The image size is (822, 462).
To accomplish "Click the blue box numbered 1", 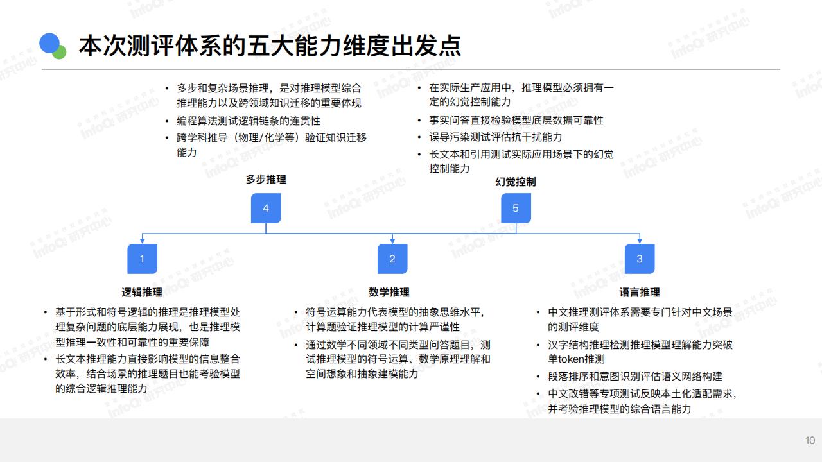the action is click(142, 259).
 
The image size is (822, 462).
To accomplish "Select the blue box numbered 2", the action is click(392, 259).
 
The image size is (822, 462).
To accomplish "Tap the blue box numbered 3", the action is click(640, 259).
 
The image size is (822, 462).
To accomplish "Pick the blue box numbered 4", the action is click(266, 209).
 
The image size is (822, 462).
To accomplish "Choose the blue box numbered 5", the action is click(516, 209).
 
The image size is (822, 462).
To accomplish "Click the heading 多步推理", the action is click(266, 179).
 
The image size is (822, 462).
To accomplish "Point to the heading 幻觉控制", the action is click(516, 182).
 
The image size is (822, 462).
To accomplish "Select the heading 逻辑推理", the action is click(142, 292).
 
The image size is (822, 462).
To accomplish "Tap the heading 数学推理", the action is click(389, 292).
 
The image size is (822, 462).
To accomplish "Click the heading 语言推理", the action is click(640, 292).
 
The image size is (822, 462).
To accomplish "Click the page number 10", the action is click(810, 440).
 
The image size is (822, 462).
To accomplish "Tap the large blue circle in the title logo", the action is click(49, 44).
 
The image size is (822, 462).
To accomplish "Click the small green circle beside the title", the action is click(60, 53).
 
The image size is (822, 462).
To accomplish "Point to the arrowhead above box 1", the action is click(142, 241).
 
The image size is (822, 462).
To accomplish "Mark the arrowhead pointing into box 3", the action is click(640, 241).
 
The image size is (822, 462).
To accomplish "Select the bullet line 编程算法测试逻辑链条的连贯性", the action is click(249, 121).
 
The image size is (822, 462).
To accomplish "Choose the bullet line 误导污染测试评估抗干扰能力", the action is click(495, 137).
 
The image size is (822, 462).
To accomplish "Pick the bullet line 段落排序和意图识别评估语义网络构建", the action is click(635, 376).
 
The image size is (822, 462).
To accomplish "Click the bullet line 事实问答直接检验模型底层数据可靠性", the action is click(516, 120).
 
